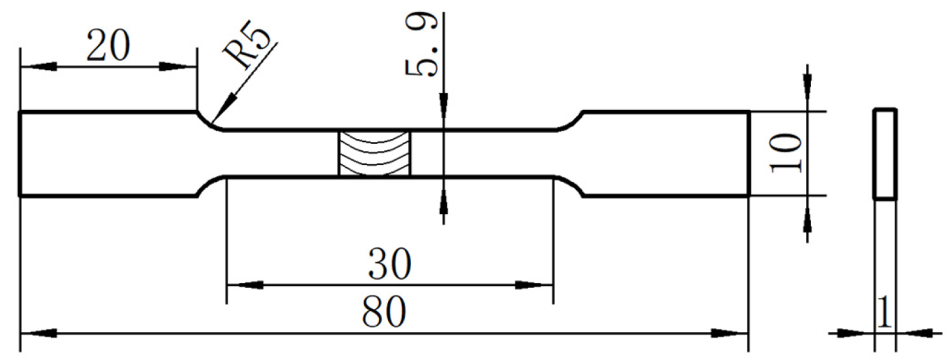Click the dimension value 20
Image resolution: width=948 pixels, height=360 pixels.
pos(108,47)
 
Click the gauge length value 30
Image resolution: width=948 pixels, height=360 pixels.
pos(389,266)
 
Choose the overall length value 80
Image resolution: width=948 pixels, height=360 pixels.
pos(384,312)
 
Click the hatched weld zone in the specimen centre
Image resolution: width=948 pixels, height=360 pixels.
pos(375,153)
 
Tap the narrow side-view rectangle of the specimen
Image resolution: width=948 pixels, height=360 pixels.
pos(886,154)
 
